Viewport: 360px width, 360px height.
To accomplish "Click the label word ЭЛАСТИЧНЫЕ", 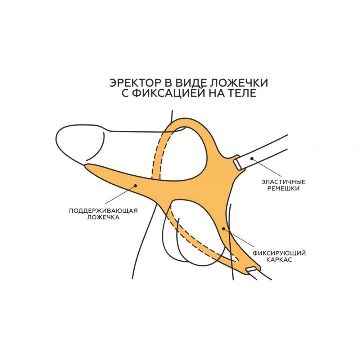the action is coord(284,182).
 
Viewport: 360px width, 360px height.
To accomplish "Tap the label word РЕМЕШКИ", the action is coord(284,189).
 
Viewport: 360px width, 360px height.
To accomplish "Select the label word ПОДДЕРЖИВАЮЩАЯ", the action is coord(103,211).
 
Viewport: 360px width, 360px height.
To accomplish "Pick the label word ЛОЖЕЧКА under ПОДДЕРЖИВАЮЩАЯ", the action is coord(103,217).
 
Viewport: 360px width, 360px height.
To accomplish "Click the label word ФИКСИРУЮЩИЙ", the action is coord(279,253).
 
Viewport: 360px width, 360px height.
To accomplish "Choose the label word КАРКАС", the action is coord(279,260).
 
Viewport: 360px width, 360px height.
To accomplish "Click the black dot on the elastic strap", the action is coord(252,158).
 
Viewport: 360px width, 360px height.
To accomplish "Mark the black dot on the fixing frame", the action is coord(224,229).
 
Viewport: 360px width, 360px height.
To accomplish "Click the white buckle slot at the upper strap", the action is coord(237,165).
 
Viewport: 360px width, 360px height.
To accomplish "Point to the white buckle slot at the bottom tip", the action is coord(251,269).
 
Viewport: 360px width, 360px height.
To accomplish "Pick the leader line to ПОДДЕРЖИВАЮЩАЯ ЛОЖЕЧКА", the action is coord(121,194).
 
